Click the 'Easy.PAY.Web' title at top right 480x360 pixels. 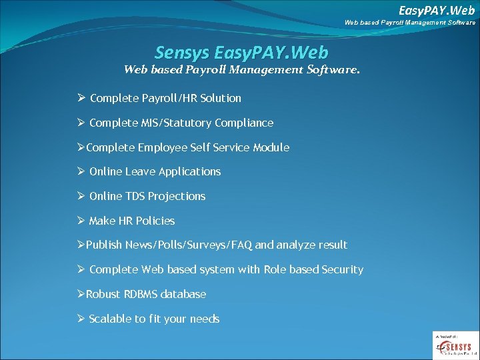click(437, 10)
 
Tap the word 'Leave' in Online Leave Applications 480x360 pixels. click(139, 172)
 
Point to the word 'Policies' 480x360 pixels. click(155, 221)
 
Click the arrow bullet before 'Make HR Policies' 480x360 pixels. click(81, 221)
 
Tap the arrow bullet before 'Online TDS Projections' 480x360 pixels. click(81, 196)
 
